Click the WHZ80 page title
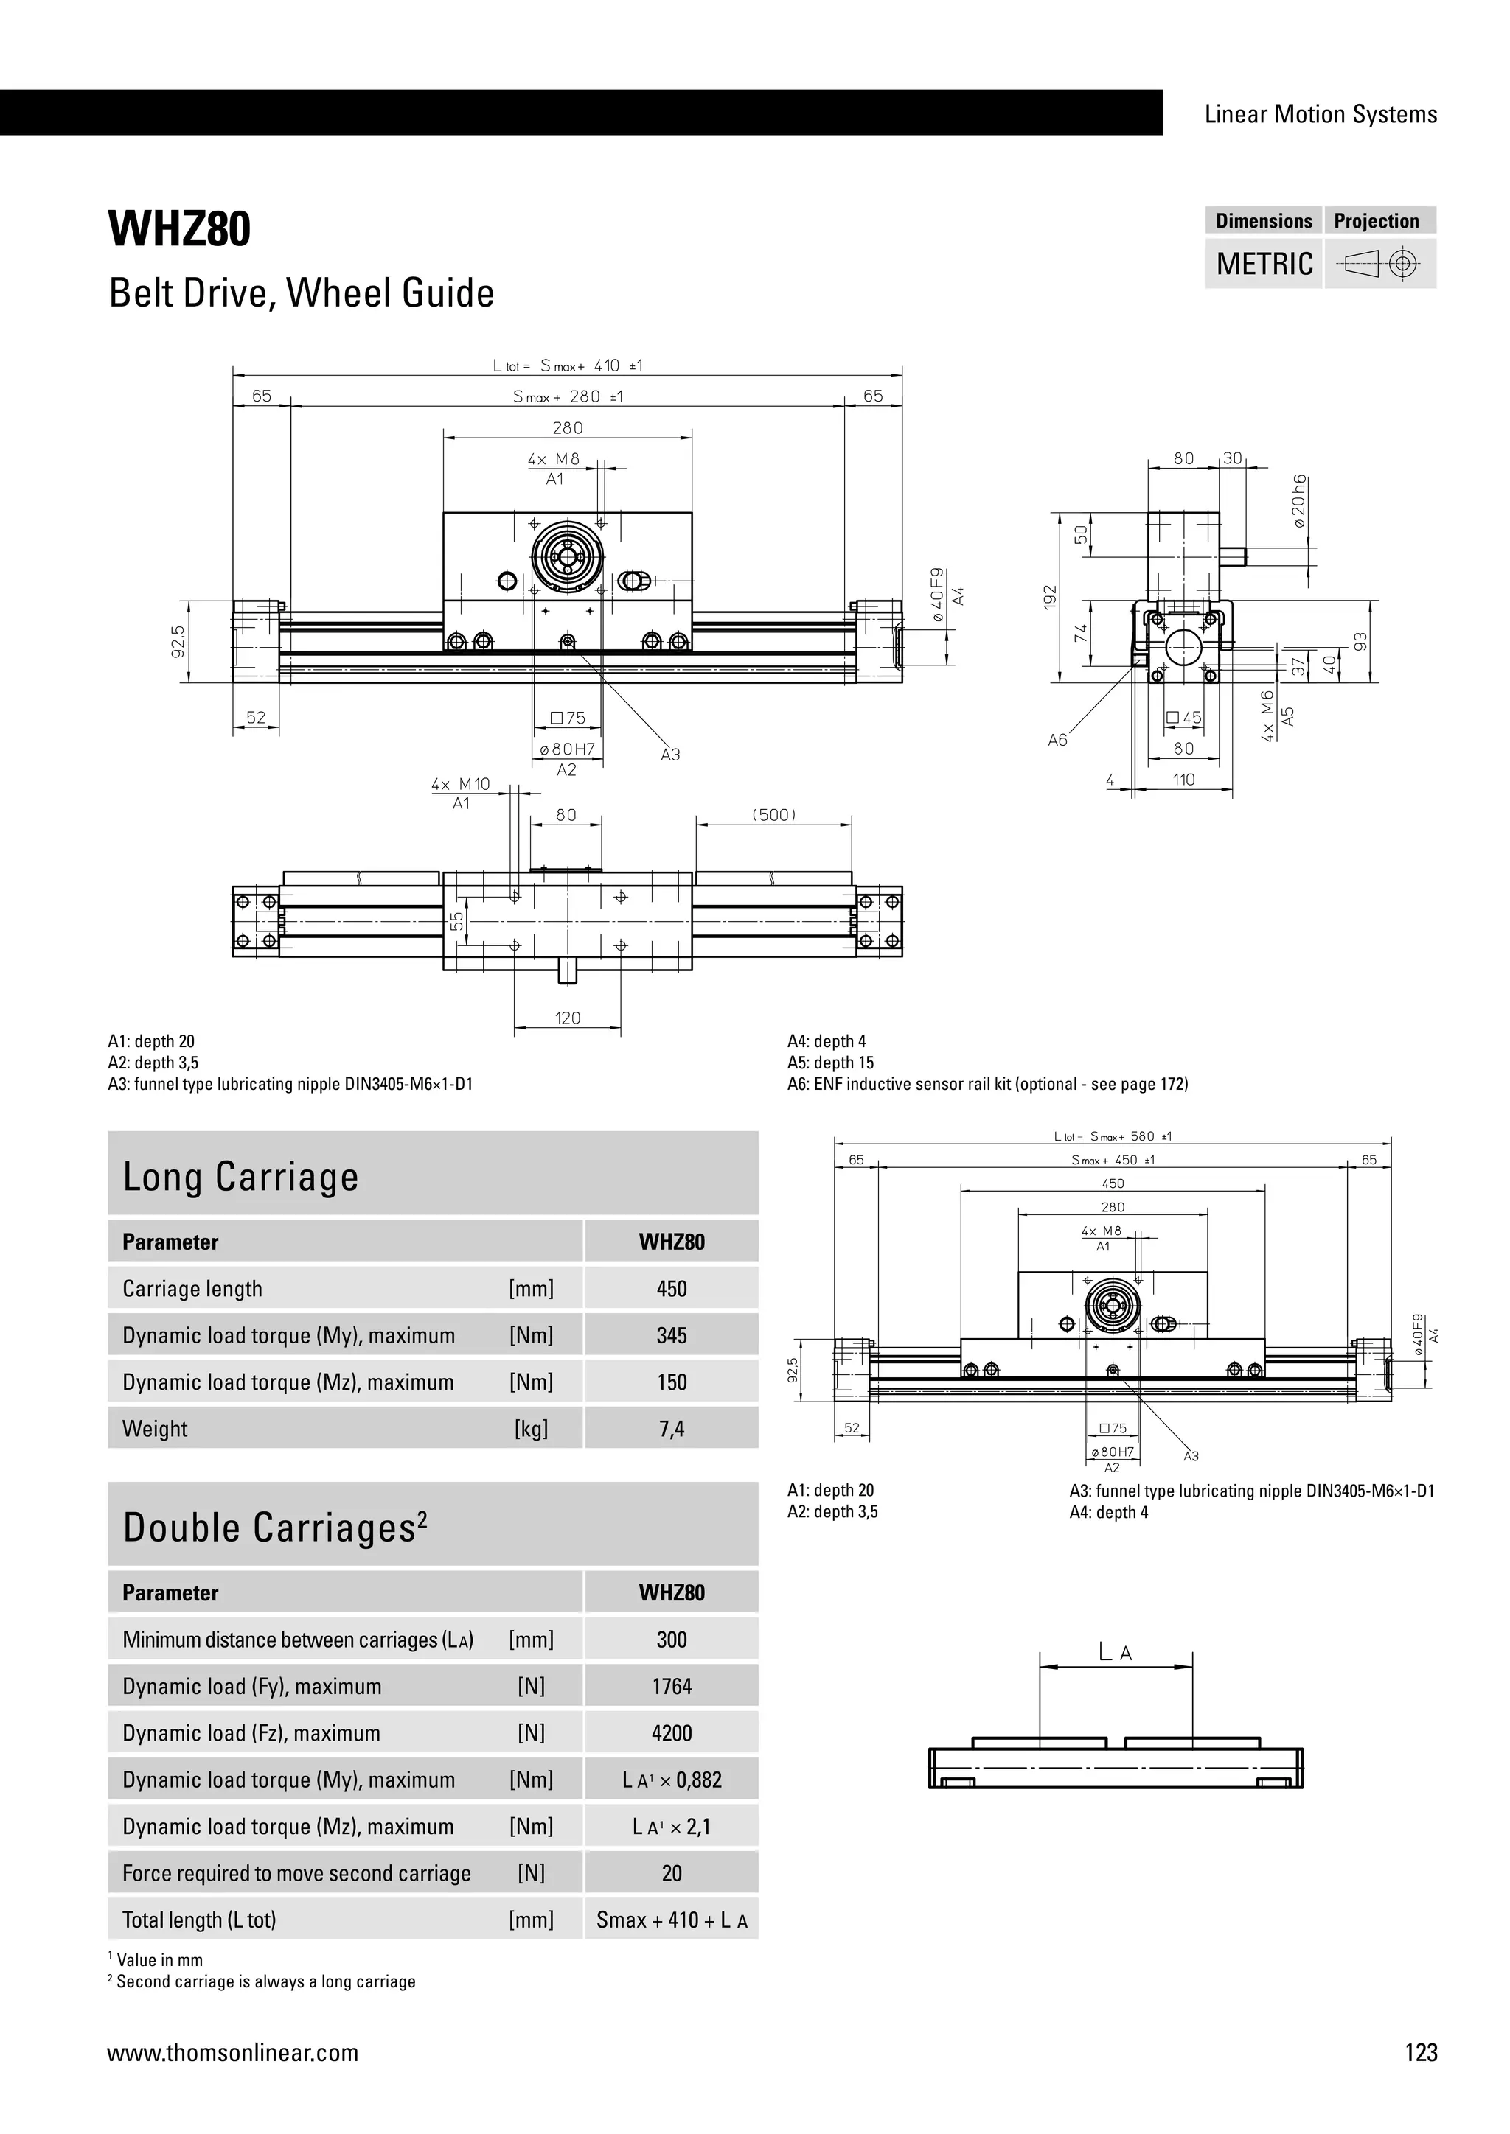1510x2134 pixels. [x=179, y=230]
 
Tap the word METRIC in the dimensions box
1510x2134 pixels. [x=1264, y=264]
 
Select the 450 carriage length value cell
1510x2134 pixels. [x=672, y=1289]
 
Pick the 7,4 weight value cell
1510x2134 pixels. [x=672, y=1429]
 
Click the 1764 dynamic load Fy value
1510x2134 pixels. [x=672, y=1686]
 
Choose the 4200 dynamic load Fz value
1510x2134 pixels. [x=672, y=1732]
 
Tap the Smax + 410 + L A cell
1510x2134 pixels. [x=672, y=1920]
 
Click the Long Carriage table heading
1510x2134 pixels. [x=241, y=1177]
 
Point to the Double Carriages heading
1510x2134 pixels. [x=275, y=1527]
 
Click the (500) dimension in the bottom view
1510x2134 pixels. [x=773, y=815]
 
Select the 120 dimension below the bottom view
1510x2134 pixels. [x=567, y=1018]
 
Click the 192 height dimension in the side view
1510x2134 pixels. [x=1051, y=597]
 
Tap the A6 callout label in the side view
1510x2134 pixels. [x=1058, y=741]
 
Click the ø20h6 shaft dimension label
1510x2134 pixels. [x=1299, y=501]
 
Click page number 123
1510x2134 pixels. [x=1421, y=2052]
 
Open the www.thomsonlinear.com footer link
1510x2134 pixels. [x=232, y=2052]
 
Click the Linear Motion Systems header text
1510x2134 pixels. [x=1321, y=114]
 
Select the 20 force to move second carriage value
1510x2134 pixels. [x=672, y=1873]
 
